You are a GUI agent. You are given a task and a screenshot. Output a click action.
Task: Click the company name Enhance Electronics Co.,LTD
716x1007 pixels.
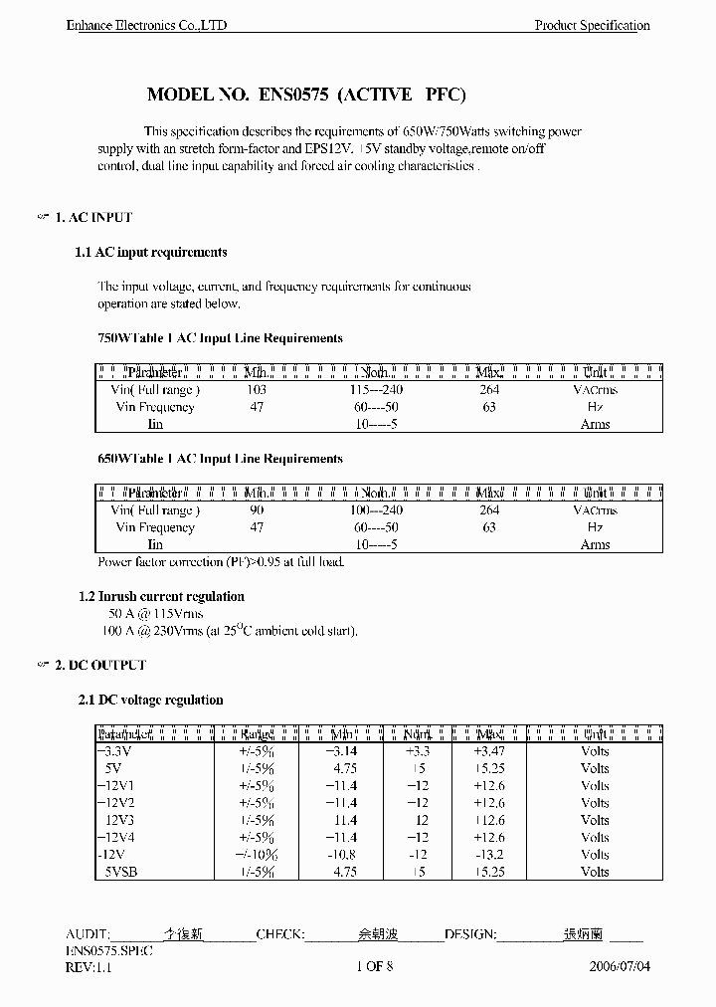coord(146,25)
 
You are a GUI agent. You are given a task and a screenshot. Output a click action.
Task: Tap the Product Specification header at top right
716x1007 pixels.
coord(592,25)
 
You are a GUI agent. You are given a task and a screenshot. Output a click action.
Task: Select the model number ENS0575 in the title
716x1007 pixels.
coord(294,96)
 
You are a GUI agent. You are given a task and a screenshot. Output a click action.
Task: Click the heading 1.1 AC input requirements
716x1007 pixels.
coord(151,253)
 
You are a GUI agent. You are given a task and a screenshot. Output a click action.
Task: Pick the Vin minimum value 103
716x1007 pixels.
coord(257,390)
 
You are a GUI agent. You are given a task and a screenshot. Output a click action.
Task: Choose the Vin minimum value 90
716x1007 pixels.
coord(257,510)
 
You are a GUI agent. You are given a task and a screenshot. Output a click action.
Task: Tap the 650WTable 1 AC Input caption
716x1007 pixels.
coord(220,459)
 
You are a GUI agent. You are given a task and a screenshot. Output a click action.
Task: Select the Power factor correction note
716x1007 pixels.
coord(221,562)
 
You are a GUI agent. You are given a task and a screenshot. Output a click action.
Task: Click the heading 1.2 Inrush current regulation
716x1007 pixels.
coord(161,596)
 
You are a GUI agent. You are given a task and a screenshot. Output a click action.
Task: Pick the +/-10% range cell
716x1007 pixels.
coord(257,855)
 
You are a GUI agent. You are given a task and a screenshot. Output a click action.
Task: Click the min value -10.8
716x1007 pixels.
coord(342,855)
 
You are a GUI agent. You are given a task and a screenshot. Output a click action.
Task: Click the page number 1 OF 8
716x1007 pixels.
coord(374,966)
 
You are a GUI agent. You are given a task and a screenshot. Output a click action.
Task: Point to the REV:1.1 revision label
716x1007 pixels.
coord(89,966)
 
